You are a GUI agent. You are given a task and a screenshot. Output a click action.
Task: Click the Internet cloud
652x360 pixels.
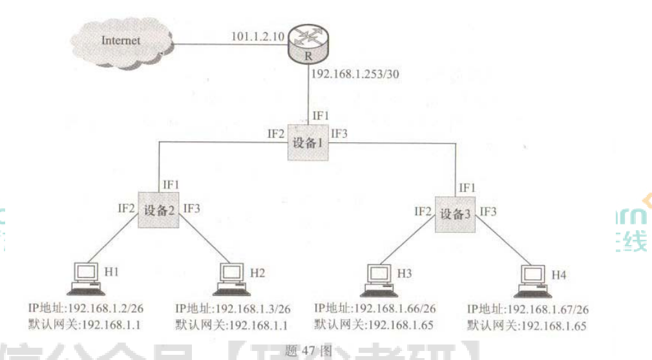pos(121,41)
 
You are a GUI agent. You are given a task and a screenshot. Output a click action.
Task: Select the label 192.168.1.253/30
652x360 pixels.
pos(355,74)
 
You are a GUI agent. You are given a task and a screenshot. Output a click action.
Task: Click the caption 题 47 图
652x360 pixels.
pos(313,351)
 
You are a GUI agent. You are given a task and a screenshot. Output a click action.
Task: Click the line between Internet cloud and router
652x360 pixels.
pos(226,45)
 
